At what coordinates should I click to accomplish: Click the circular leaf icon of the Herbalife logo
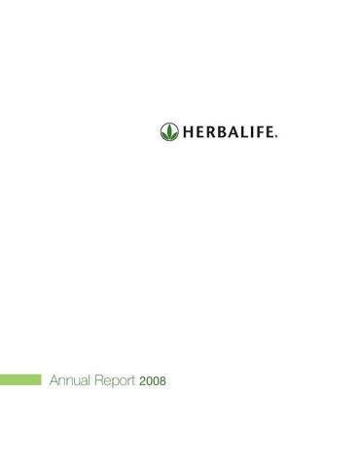[x=169, y=130]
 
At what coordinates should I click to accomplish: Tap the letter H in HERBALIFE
[x=187, y=131]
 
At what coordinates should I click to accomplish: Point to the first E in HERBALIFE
[x=198, y=131]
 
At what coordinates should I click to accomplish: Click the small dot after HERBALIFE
[x=275, y=135]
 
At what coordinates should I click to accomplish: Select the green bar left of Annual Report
[x=20, y=381]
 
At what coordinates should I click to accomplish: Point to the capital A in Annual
[x=54, y=381]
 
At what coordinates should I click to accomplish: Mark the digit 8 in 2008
[x=162, y=381]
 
